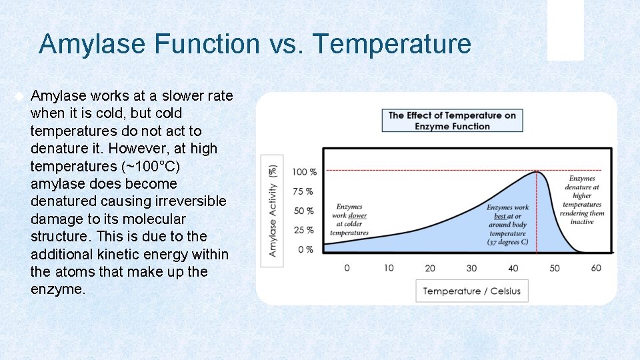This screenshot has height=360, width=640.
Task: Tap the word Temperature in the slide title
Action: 392,45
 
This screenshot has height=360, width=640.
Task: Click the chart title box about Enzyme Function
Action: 452,121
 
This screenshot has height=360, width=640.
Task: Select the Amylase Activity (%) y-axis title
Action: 272,211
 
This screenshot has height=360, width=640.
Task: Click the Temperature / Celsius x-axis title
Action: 471,291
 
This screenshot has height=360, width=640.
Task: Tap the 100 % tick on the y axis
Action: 304,172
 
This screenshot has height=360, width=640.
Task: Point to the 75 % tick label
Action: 303,191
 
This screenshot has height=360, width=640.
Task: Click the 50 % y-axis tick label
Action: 303,211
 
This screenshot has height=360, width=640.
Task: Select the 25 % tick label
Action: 303,230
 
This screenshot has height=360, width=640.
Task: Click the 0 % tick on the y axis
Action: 306,249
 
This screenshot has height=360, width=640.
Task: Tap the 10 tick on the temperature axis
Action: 389,268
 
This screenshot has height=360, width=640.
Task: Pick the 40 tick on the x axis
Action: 513,268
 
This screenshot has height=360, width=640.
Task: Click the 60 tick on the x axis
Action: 595,268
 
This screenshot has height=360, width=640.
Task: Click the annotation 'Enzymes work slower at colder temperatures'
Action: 349,220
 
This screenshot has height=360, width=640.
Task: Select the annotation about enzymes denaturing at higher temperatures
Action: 581,200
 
